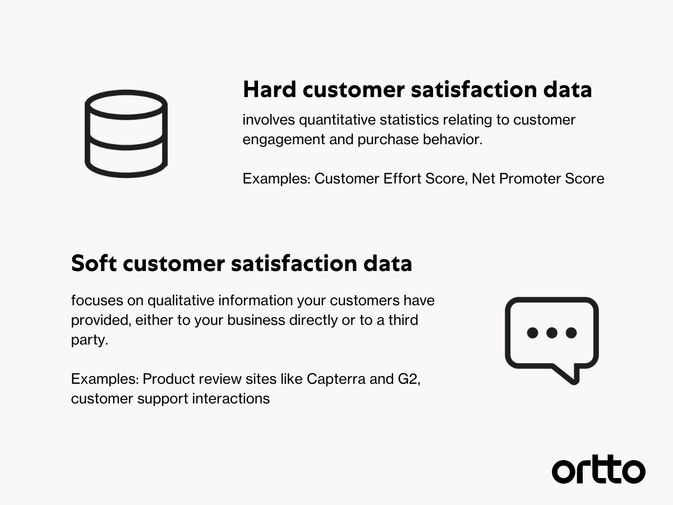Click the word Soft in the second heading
click(94, 263)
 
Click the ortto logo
click(598, 470)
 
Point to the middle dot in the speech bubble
click(552, 333)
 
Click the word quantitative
click(337, 120)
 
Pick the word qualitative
click(181, 301)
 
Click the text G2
click(409, 379)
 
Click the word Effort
click(402, 178)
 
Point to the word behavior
click(453, 140)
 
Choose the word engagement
click(284, 140)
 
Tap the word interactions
click(231, 398)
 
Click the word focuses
click(97, 300)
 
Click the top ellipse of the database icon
click(126, 92)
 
